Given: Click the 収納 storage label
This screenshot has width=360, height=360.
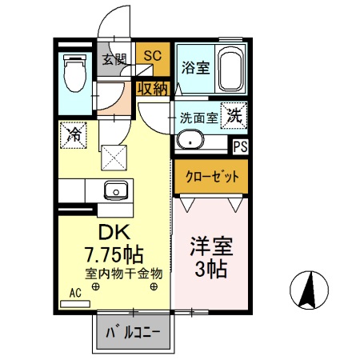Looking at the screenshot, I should coord(152,89).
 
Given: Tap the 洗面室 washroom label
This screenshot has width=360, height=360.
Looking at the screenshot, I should coord(198,116).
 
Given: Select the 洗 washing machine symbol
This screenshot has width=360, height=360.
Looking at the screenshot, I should coord(234,114).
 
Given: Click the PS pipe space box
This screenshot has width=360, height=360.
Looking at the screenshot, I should coord(240,146).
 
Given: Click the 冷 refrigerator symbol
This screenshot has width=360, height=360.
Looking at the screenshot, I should coord(73,134).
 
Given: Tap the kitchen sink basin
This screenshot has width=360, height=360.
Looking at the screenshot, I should coord(114,191).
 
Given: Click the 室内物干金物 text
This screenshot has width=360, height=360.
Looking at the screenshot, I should coord(124,274).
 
